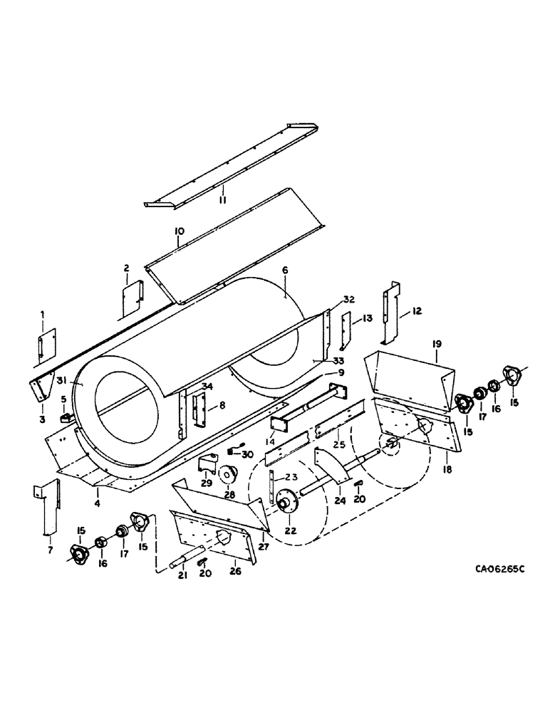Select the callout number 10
pyautogui.click(x=178, y=231)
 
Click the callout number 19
pyautogui.click(x=437, y=344)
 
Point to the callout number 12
pyautogui.click(x=417, y=311)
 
